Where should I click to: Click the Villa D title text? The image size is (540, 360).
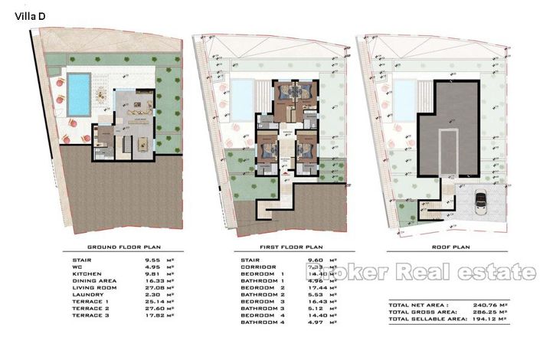click(x=27, y=12)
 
